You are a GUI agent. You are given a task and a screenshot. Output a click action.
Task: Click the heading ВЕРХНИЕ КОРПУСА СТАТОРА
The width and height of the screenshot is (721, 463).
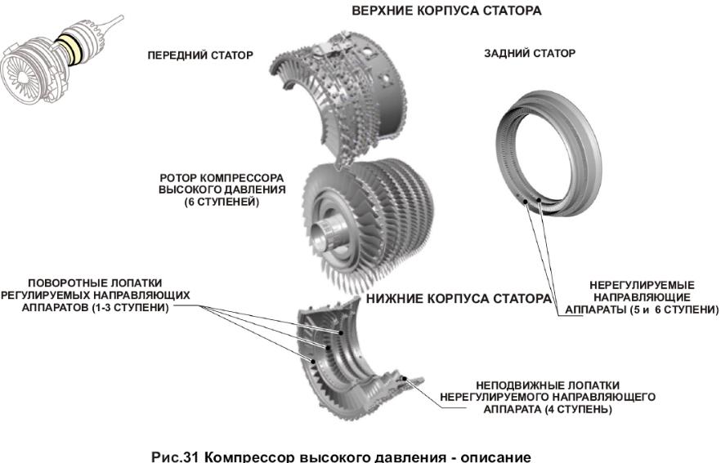[446, 11]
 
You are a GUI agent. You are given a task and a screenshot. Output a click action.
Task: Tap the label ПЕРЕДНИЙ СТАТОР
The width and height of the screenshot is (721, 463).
[200, 56]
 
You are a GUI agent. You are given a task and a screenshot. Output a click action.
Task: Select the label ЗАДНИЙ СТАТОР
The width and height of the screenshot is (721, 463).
[530, 53]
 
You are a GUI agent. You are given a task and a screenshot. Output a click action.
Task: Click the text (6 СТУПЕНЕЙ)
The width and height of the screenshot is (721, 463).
[222, 202]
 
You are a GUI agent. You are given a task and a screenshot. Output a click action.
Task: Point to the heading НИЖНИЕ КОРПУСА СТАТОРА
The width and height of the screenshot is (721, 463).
[459, 299]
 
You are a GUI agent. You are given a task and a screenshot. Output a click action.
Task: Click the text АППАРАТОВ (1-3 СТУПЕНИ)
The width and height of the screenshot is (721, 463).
[95, 307]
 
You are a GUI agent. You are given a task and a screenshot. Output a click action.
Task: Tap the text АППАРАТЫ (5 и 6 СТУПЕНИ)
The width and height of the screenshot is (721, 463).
[642, 309]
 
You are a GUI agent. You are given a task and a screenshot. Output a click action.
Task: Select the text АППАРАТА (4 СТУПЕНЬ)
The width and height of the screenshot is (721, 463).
[547, 409]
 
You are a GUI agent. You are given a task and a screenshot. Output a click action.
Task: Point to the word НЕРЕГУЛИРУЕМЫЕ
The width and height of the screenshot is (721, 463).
[642, 285]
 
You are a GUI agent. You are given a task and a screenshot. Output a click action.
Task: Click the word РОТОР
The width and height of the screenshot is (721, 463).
[178, 178]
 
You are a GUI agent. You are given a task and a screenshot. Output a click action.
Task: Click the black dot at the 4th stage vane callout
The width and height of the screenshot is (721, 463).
[405, 379]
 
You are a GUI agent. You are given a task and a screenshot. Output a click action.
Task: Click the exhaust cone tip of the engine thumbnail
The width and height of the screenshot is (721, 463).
[119, 18]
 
